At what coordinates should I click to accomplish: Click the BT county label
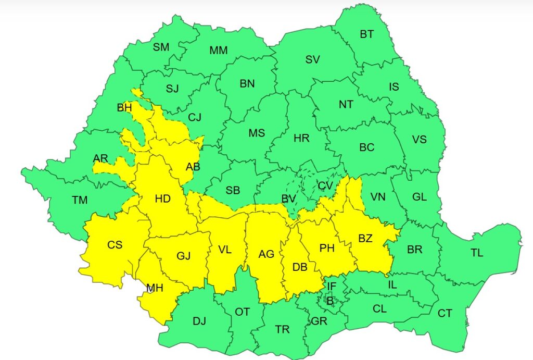(366, 34)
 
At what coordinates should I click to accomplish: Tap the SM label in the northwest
(161, 47)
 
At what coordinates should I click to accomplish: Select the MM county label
(218, 51)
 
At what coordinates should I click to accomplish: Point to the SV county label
(312, 59)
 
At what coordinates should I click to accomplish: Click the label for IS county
(394, 86)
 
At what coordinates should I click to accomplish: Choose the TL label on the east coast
(477, 253)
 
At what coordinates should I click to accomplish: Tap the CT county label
(445, 313)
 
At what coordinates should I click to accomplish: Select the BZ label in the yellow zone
(365, 239)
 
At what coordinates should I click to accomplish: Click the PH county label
(327, 249)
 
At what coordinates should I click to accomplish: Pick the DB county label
(299, 267)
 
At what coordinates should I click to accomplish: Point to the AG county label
(266, 254)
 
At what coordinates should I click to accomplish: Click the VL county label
(224, 250)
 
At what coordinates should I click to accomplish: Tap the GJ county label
(183, 256)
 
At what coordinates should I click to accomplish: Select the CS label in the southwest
(115, 244)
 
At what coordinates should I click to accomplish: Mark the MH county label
(154, 288)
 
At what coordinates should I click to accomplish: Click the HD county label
(162, 198)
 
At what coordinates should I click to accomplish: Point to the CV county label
(325, 185)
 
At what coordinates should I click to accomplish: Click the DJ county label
(199, 321)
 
